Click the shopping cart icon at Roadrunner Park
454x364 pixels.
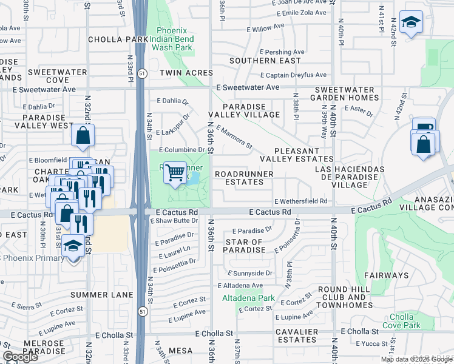coord(175,172)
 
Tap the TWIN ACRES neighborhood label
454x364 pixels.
coord(183,73)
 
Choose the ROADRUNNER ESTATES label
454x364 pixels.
coord(245,178)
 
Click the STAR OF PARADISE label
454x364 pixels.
coord(243,246)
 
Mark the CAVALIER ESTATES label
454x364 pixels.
coord(297,337)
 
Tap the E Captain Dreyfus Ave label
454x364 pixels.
coord(293,75)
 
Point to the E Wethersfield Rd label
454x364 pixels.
coord(301,201)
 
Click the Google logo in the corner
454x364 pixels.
coord(20,357)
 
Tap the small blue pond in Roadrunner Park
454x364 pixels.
coord(192,179)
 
